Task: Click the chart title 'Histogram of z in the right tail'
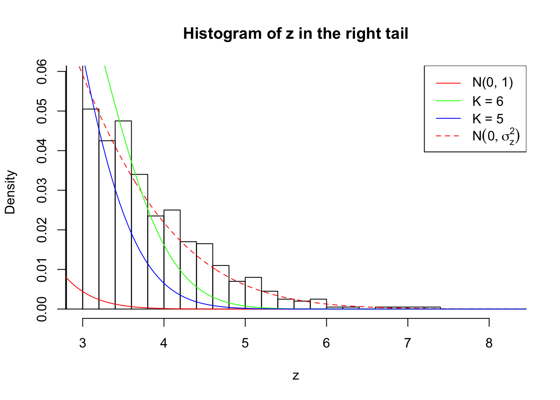pos(295,34)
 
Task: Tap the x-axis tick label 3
pos(82,343)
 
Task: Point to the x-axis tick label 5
pos(245,343)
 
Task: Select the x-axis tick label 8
pos(489,343)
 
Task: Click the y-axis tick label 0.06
pos(42,72)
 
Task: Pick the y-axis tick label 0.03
pos(42,190)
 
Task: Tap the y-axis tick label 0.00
pos(42,309)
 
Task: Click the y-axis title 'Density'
pos(10,192)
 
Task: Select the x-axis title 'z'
pos(295,376)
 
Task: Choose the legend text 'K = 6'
pos(487,101)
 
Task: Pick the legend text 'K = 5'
pos(487,119)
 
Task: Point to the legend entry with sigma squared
pos(496,136)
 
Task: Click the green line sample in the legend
pos(448,101)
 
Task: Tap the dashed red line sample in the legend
pos(448,136)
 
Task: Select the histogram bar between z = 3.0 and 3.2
pos(91,208)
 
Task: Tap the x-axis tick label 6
pos(326,343)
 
